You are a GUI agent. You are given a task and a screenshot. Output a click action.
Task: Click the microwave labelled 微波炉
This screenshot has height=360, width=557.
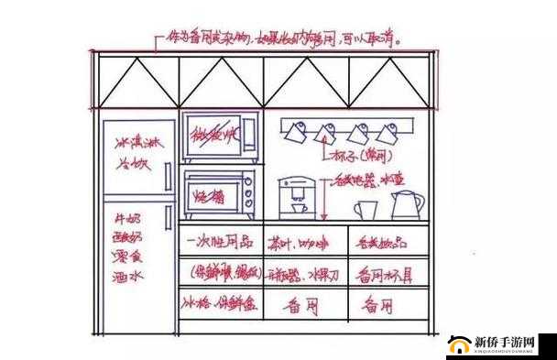click(x=218, y=138)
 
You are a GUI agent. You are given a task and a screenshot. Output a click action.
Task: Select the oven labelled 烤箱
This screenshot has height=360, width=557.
click(x=218, y=193)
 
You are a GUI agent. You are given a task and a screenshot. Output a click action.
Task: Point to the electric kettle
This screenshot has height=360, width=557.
click(x=405, y=204)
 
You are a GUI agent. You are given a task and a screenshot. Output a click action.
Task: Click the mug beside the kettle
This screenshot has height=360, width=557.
click(x=365, y=209)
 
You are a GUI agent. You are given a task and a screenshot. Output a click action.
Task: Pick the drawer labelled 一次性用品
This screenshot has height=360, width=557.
click(x=221, y=241)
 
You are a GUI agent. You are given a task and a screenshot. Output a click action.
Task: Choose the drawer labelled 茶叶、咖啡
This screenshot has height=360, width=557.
click(x=306, y=241)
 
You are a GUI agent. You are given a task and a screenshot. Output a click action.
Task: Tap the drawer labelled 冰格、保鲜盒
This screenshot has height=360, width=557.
click(x=221, y=303)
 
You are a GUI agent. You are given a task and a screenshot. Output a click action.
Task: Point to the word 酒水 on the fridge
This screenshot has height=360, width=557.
click(x=127, y=274)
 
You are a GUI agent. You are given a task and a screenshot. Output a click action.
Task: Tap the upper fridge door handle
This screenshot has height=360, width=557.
click(x=168, y=177)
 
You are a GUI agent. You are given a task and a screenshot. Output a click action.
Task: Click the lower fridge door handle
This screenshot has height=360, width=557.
click(x=168, y=218)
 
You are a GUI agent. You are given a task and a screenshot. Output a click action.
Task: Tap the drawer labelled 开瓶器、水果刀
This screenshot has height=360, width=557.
click(x=306, y=273)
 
